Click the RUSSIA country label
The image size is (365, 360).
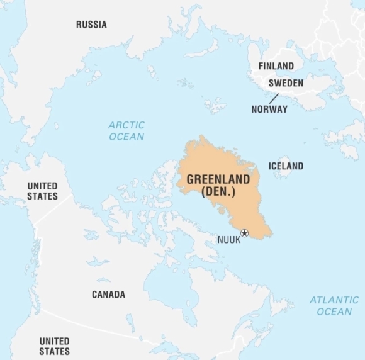click(x=91, y=25)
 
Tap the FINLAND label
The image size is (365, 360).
click(x=276, y=66)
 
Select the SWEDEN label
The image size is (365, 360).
click(x=286, y=83)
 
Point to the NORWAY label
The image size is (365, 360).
click(x=269, y=109)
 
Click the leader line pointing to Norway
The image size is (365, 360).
click(x=274, y=98)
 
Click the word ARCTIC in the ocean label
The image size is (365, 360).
click(x=126, y=125)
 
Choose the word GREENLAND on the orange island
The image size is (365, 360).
click(x=218, y=180)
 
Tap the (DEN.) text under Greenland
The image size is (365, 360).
click(x=218, y=192)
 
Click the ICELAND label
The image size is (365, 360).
click(x=286, y=166)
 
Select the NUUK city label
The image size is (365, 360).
click(x=228, y=240)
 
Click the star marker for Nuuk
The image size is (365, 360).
click(x=245, y=233)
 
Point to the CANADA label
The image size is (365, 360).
click(x=108, y=295)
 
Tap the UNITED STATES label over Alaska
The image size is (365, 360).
click(x=42, y=191)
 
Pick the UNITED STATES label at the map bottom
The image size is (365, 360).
click(x=54, y=346)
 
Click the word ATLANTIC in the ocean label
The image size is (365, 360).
click(x=334, y=300)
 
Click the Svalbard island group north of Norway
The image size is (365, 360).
click(x=215, y=104)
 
